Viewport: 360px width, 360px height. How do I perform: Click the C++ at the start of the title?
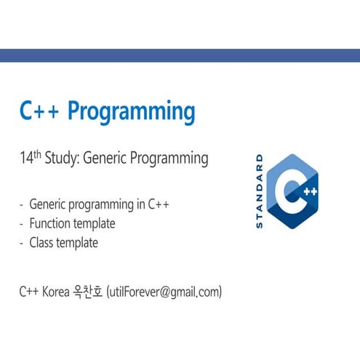[x=40, y=111]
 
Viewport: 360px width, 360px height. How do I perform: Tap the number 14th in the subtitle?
[x=31, y=158]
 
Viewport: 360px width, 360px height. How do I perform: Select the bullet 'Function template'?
[x=72, y=223]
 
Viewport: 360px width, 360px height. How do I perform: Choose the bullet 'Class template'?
[x=63, y=243]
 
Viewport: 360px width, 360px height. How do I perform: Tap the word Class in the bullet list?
[x=42, y=243]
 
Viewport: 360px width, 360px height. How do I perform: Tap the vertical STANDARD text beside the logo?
[x=260, y=191]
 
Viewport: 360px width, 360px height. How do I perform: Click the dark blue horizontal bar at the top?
[x=180, y=56]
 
